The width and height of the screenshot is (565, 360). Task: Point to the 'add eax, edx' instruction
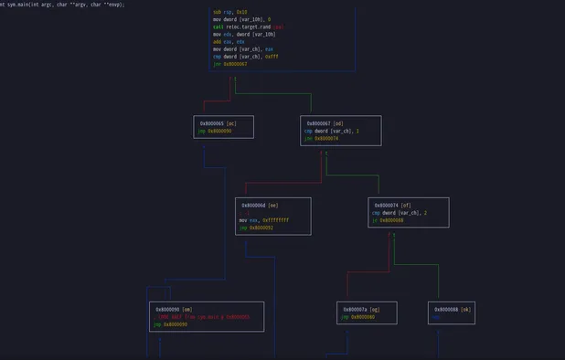229,41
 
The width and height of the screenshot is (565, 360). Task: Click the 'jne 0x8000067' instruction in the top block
230,64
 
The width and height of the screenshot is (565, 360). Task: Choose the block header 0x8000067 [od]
325,122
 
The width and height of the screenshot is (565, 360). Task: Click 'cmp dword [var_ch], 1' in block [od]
332,131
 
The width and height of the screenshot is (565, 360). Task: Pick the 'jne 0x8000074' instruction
321,138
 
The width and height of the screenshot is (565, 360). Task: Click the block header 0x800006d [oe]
261,205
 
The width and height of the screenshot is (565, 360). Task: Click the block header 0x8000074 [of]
394,205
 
